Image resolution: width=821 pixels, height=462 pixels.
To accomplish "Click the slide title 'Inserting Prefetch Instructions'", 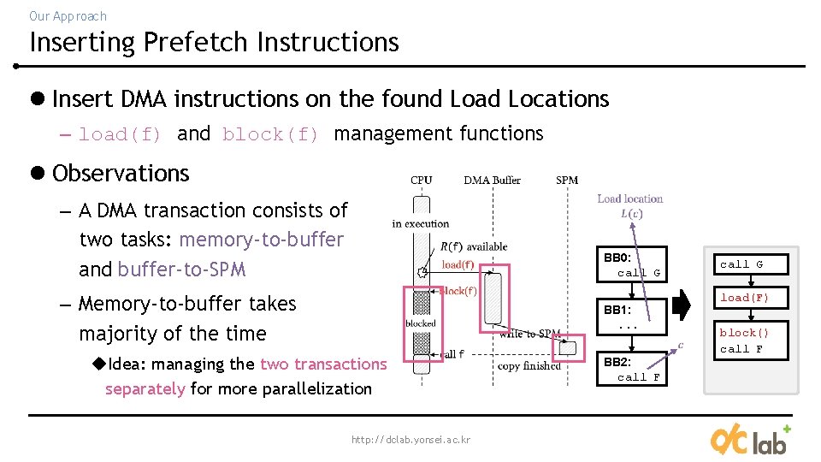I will click(x=214, y=42).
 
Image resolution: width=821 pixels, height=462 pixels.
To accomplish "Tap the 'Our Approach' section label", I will click(x=68, y=15).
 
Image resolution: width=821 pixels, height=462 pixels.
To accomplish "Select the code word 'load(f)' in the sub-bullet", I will click(x=120, y=134).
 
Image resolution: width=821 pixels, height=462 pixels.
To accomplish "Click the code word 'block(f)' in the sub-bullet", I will click(x=270, y=134).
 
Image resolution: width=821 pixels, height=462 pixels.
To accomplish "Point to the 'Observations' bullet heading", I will click(x=120, y=173).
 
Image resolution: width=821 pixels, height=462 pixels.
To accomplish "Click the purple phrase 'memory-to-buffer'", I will click(x=261, y=240).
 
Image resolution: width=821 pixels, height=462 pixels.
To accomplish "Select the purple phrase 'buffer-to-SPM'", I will click(x=181, y=269).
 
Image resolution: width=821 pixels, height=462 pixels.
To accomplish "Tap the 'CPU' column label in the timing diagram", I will click(x=422, y=180).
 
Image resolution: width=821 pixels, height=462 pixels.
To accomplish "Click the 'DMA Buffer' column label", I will click(x=492, y=180).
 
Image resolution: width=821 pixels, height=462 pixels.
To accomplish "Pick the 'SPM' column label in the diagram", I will click(x=567, y=180).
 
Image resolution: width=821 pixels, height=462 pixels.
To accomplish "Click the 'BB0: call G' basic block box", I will click(x=632, y=265).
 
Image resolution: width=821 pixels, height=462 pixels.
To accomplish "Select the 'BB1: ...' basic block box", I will click(x=632, y=317).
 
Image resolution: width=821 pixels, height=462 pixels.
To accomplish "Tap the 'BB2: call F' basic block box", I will click(x=632, y=370).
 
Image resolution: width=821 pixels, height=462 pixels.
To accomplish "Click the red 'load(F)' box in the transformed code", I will click(x=744, y=298).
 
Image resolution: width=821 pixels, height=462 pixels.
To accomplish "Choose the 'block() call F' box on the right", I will click(x=744, y=341).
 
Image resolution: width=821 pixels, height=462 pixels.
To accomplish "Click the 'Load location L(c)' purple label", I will click(x=630, y=205).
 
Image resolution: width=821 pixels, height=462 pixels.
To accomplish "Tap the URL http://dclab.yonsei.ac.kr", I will click(x=410, y=440).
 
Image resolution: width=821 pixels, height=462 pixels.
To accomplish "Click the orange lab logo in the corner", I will click(x=749, y=439).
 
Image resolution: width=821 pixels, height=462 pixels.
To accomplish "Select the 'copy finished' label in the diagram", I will click(x=529, y=366).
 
